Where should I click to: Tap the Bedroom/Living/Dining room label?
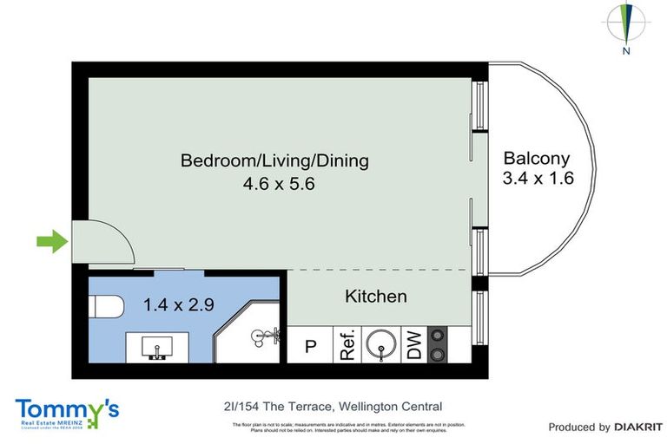pyautogui.click(x=274, y=160)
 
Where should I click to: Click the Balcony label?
pyautogui.click(x=537, y=158)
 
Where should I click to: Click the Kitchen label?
pyautogui.click(x=375, y=297)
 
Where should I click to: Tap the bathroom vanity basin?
pyautogui.click(x=157, y=349)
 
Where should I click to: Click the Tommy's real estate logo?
pyautogui.click(x=67, y=412)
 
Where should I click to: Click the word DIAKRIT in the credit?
pyautogui.click(x=638, y=427)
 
